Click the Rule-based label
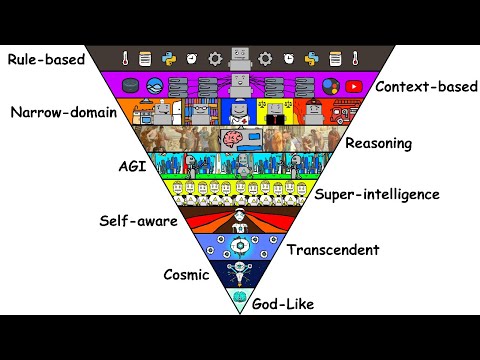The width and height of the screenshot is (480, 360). (44, 59)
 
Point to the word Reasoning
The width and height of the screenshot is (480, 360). (378, 143)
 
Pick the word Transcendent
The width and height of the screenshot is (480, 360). (331, 248)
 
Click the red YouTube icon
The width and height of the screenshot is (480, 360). (353, 85)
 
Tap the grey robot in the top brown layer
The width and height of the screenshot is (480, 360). (240, 58)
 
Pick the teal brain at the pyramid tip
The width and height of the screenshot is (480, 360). (240, 298)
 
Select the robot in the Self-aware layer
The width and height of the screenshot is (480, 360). (240, 217)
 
